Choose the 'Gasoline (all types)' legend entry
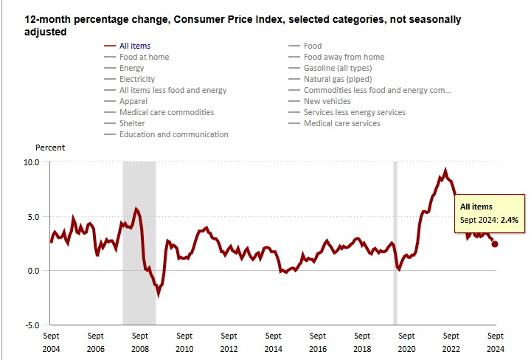click(x=338, y=68)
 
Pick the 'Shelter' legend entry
click(x=133, y=123)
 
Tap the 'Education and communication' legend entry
click(x=173, y=134)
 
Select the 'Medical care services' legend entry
click(x=341, y=123)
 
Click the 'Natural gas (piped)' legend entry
click(x=337, y=79)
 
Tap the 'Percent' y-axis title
click(x=50, y=148)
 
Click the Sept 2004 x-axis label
click(x=51, y=342)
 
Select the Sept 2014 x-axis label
click(x=273, y=342)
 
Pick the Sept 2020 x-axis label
click(x=406, y=342)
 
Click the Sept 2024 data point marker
click(x=495, y=244)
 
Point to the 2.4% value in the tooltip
click(x=510, y=220)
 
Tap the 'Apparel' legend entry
click(x=133, y=101)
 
